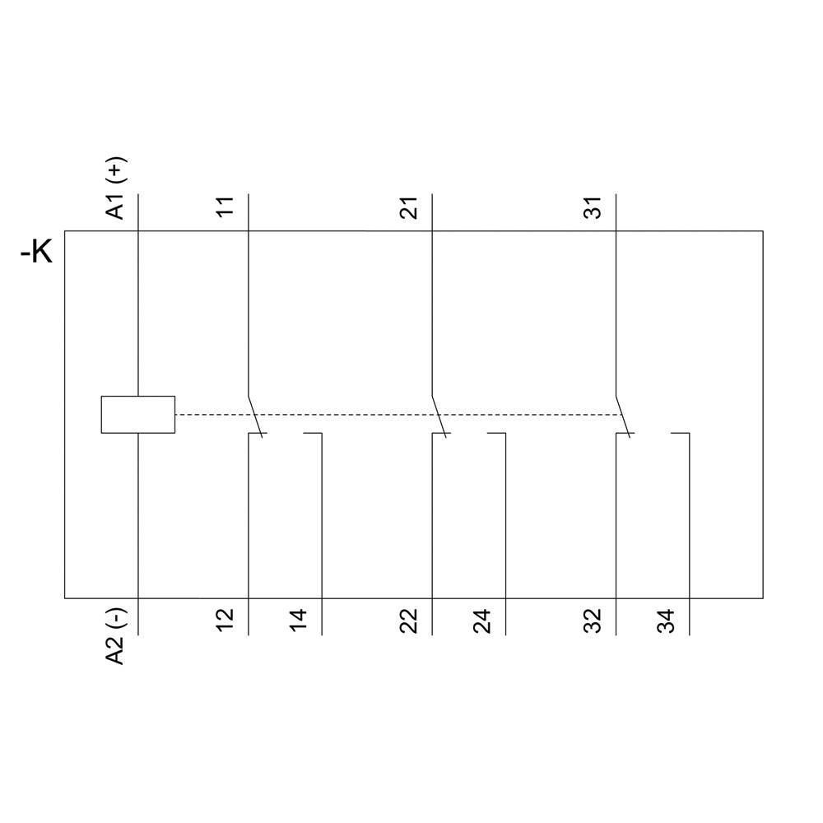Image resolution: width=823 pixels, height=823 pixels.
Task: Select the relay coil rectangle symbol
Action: coord(137,414)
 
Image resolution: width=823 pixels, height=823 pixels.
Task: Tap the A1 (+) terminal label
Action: coord(117,190)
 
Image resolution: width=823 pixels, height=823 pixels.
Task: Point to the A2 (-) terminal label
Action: coord(117,636)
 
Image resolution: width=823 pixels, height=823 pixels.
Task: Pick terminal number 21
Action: coord(409,207)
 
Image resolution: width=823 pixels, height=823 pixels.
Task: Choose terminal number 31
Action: coord(593,207)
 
